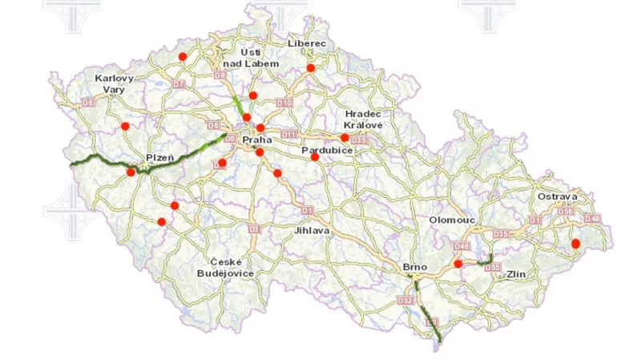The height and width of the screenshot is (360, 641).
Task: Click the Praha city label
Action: coord(257,140)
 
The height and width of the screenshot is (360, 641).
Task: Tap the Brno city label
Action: coord(417,266)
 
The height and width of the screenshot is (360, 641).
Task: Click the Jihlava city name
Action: coord(312,229)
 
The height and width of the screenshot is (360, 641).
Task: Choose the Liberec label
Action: coord(307,42)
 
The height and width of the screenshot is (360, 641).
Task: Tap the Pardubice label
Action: coord(323,151)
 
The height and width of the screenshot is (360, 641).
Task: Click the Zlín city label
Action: coord(515,274)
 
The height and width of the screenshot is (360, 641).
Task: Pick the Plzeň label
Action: coord(160,157)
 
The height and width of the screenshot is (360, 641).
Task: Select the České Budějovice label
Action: coord(226,268)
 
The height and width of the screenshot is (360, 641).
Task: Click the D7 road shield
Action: coord(179,84)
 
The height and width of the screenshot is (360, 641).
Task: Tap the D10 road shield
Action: coord(283,103)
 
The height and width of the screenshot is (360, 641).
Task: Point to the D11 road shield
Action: coord(289,133)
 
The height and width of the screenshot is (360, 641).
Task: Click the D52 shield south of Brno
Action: coord(405,301)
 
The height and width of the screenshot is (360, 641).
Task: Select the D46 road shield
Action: coord(462,246)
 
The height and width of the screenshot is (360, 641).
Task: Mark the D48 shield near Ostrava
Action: coord(592,218)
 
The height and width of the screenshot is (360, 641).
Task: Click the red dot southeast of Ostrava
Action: coord(574,244)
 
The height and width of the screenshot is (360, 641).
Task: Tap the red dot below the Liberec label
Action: coord(311,68)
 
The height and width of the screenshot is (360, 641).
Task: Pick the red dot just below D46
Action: coord(458,263)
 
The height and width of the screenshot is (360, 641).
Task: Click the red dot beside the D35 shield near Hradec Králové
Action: coord(345,137)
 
